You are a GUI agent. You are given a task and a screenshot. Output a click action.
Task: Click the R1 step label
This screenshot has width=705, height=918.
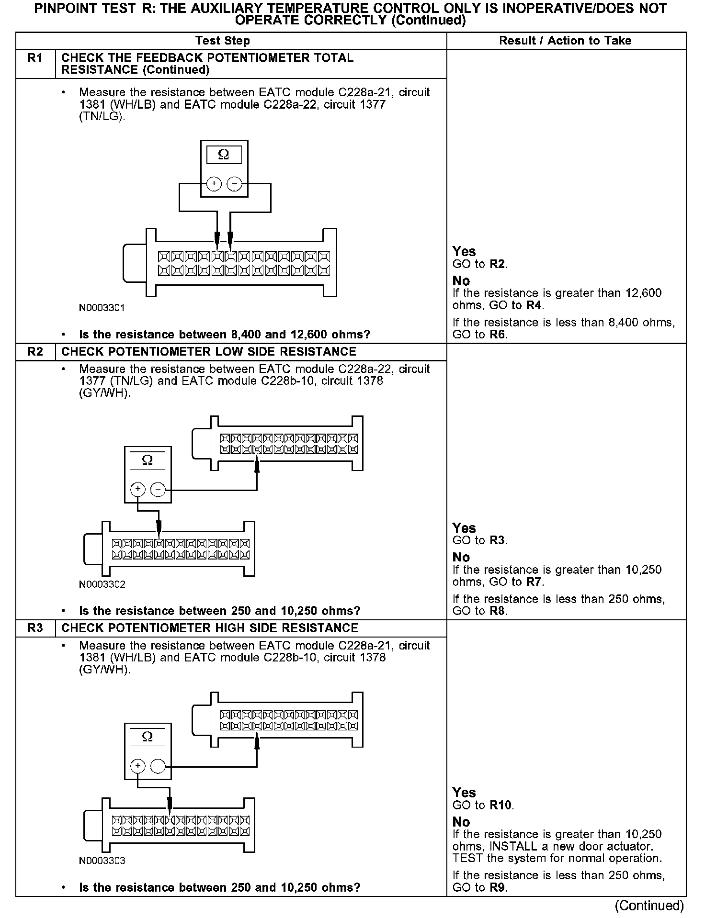pyautogui.click(x=35, y=58)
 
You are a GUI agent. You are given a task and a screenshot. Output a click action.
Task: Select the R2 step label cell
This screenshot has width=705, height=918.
pyautogui.click(x=35, y=352)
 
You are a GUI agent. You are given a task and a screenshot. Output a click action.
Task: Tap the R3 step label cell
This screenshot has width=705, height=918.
pyautogui.click(x=35, y=628)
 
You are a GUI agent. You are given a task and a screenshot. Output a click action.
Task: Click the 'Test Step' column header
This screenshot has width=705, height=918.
pyautogui.click(x=223, y=41)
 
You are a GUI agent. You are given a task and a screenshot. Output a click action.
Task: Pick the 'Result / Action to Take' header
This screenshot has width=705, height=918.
pyautogui.click(x=565, y=41)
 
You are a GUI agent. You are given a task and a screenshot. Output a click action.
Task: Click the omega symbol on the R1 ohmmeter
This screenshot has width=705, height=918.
pyautogui.click(x=224, y=155)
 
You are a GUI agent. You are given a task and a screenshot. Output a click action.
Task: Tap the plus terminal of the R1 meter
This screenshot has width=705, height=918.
pyautogui.click(x=214, y=184)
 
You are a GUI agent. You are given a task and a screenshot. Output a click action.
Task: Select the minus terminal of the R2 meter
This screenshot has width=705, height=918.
pyautogui.click(x=158, y=489)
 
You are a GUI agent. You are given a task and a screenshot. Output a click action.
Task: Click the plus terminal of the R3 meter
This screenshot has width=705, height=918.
pyautogui.click(x=138, y=766)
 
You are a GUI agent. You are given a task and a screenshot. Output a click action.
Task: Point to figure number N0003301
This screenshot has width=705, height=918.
pyautogui.click(x=102, y=308)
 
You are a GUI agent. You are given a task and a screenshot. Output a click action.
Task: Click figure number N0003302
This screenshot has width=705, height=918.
pyautogui.click(x=102, y=584)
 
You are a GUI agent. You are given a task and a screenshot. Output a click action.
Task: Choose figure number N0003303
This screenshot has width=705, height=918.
pyautogui.click(x=102, y=861)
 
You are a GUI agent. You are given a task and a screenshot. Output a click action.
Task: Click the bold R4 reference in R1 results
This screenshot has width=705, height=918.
pyautogui.click(x=534, y=305)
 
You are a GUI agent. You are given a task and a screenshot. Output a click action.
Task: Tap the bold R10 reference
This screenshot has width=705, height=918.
pyautogui.click(x=500, y=805)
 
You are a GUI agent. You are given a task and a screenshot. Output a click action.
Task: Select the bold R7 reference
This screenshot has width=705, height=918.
pyautogui.click(x=534, y=582)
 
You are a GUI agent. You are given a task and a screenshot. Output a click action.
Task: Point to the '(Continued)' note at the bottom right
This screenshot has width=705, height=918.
pyautogui.click(x=649, y=906)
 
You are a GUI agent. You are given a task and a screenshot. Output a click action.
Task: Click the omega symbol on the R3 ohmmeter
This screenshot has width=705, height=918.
pyautogui.click(x=148, y=737)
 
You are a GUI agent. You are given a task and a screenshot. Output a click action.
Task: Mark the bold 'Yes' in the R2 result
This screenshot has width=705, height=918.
pyautogui.click(x=464, y=528)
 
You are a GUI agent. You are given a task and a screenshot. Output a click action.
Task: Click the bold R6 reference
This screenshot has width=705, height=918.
pyautogui.click(x=498, y=335)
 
